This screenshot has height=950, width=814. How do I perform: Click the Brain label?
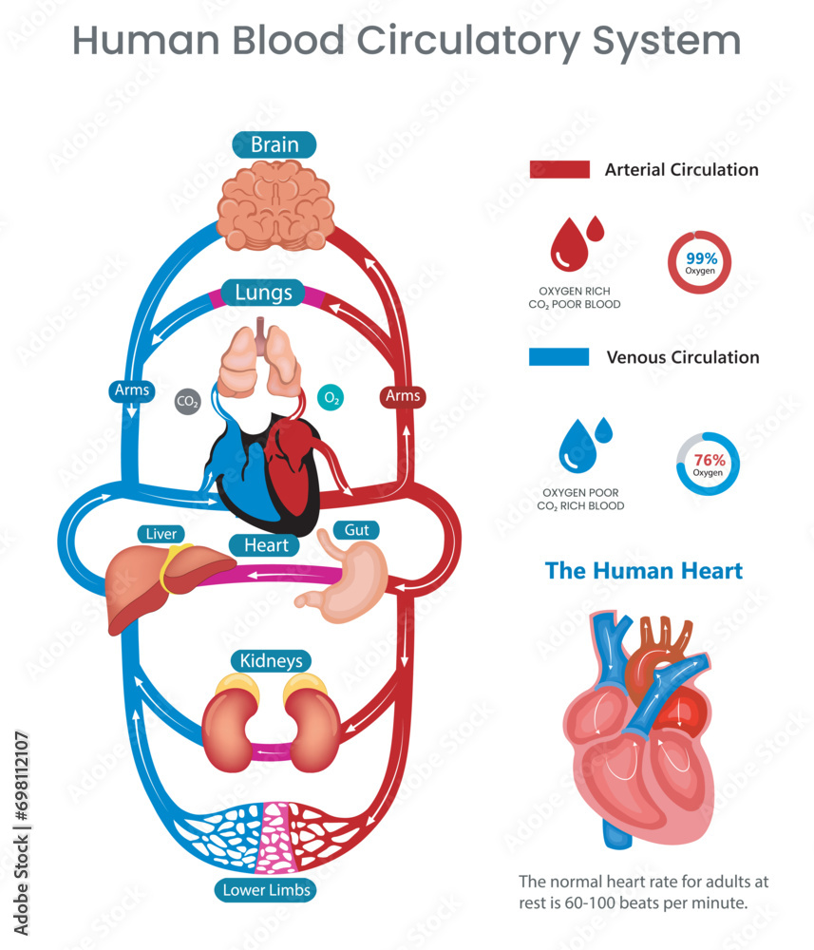[x=274, y=144]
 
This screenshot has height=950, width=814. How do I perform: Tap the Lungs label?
[x=264, y=292]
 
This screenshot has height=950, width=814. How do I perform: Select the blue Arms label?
[x=132, y=390]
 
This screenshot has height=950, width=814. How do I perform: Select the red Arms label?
[x=401, y=394]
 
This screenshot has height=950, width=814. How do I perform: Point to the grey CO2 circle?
[x=188, y=402]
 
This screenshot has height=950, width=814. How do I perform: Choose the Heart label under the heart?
[x=266, y=545]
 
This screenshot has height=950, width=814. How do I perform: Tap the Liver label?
[x=161, y=534]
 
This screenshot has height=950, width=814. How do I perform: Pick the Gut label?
[x=356, y=529]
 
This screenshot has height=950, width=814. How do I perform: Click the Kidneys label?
[x=271, y=660]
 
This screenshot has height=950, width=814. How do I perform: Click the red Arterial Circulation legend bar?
[x=559, y=170]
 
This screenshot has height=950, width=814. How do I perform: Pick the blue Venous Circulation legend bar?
[x=558, y=357]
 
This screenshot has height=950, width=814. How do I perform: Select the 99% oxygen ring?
[x=702, y=262]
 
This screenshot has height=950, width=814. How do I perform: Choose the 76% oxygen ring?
[x=708, y=465]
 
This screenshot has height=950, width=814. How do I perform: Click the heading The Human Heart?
[x=643, y=571]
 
